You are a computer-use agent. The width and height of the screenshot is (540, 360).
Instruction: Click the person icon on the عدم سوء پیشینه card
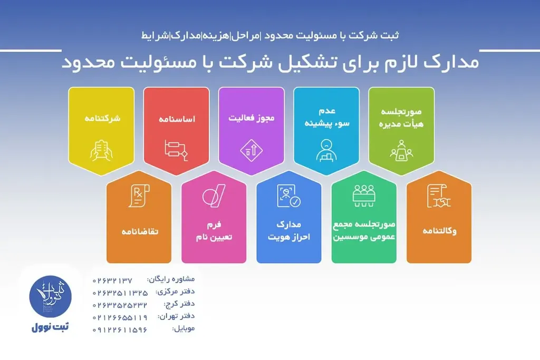coord(326,150)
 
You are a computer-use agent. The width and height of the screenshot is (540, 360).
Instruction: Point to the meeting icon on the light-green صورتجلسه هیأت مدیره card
coord(401,149)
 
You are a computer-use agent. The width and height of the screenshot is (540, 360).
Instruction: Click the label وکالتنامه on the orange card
coord(439,231)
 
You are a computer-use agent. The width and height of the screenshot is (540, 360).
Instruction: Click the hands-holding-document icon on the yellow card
coord(101,149)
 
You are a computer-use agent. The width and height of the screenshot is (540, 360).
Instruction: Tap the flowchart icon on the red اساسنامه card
coord(176,149)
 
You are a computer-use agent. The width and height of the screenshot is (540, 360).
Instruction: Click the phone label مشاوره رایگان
coord(170,279)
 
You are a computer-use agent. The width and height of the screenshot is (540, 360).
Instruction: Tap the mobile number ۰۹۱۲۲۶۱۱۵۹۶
coord(120,330)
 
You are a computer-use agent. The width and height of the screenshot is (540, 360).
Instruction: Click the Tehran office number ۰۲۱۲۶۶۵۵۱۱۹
coord(120,317)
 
